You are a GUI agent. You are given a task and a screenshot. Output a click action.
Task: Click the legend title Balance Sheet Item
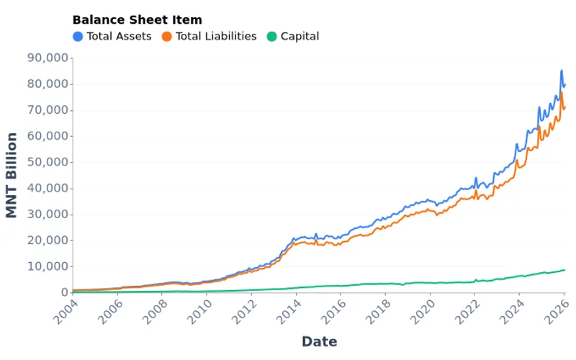coord(137,20)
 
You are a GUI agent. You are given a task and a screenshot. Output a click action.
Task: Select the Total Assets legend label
coord(119,36)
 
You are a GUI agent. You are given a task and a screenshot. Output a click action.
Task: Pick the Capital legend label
coord(300,36)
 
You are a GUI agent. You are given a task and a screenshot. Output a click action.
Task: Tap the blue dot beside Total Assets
coord(78,36)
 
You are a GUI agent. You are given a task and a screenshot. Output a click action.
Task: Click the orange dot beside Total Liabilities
coord(167,36)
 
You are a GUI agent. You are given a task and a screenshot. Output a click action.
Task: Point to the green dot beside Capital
coord(271,36)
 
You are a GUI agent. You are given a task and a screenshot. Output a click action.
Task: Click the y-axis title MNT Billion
coord(12,175)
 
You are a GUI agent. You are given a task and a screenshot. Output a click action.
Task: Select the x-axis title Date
coord(319,341)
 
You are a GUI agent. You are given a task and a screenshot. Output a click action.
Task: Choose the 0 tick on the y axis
coord(64,292)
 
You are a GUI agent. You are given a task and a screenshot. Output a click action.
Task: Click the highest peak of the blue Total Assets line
coord(562,71)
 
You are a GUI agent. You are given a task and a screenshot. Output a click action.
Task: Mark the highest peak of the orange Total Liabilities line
coord(562,93)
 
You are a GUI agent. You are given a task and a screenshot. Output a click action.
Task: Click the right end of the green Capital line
coord(565,270)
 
